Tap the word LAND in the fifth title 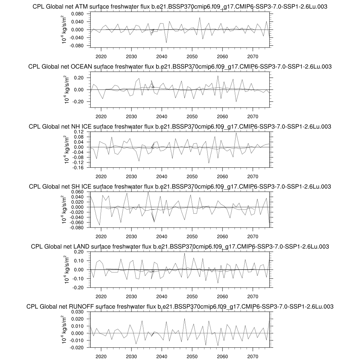click(x=81, y=246)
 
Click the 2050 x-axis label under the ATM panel click(x=192, y=57)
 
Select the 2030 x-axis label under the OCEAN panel click(x=131, y=117)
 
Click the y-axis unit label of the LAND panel click(x=65, y=270)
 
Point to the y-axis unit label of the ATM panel click(x=65, y=30)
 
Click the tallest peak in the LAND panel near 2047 click(x=185, y=253)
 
